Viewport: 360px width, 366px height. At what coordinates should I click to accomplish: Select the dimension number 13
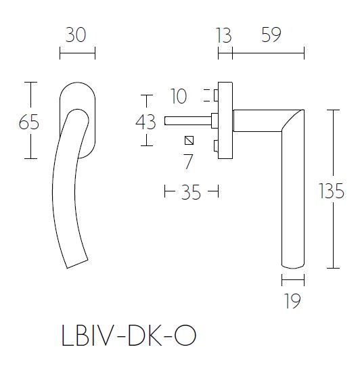point(223,35)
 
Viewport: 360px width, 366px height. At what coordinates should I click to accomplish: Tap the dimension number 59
point(271,35)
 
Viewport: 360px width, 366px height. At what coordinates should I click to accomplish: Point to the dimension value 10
point(179,97)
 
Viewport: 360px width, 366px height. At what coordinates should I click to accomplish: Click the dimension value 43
point(146,122)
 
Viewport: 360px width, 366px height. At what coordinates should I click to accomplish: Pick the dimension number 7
point(189,161)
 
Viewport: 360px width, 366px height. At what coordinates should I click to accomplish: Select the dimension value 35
point(192,192)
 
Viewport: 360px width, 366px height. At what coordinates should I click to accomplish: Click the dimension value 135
point(331,192)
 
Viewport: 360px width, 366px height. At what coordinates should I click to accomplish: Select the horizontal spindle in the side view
point(186,122)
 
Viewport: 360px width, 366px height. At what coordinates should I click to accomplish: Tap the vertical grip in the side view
point(292,203)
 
